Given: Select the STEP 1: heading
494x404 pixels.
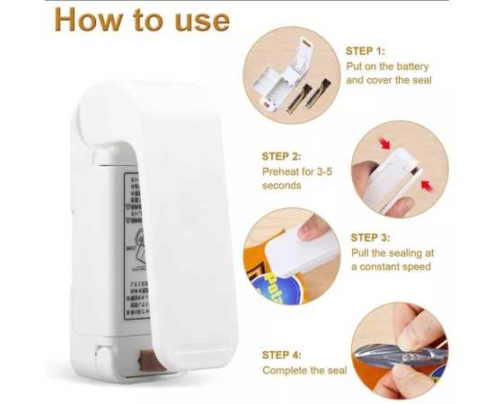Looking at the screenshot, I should [x=366, y=51].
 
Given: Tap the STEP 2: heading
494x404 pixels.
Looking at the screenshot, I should [x=282, y=155].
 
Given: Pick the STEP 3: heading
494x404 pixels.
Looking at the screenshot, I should [x=370, y=237].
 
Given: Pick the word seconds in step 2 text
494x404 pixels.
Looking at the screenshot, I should [x=282, y=185].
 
